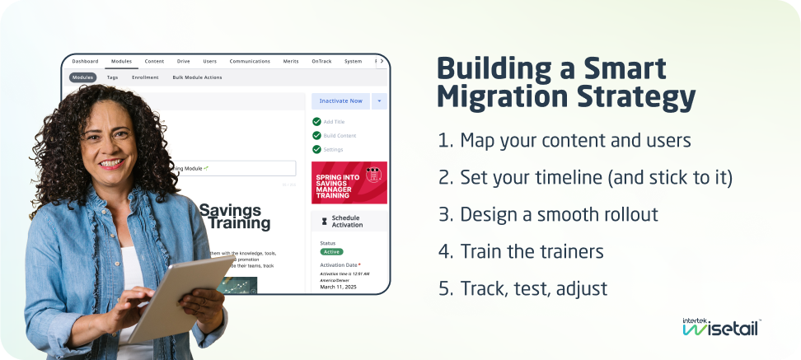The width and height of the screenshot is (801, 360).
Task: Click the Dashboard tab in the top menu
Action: pyautogui.click(x=85, y=61)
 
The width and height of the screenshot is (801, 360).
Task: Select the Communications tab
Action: pyautogui.click(x=250, y=61)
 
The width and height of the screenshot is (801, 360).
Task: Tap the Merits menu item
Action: pyautogui.click(x=291, y=61)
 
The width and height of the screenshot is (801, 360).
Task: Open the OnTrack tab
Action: pyautogui.click(x=321, y=61)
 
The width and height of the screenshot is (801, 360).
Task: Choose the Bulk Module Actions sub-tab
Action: pyautogui.click(x=197, y=77)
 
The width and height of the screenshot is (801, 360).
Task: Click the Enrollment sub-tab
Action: pyautogui.click(x=145, y=77)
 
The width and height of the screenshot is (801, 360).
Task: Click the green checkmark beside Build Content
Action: pyautogui.click(x=316, y=135)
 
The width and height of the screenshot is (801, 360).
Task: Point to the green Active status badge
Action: pyautogui.click(x=332, y=251)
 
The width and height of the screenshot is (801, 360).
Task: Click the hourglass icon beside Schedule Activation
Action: pyautogui.click(x=324, y=221)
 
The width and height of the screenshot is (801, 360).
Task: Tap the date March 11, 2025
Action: pyautogui.click(x=339, y=287)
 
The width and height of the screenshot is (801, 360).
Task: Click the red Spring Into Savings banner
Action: pyautogui.click(x=349, y=182)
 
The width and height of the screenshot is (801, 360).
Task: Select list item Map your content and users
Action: pyautogui.click(x=564, y=140)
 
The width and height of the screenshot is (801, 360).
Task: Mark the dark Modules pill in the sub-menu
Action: pyautogui.click(x=82, y=77)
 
